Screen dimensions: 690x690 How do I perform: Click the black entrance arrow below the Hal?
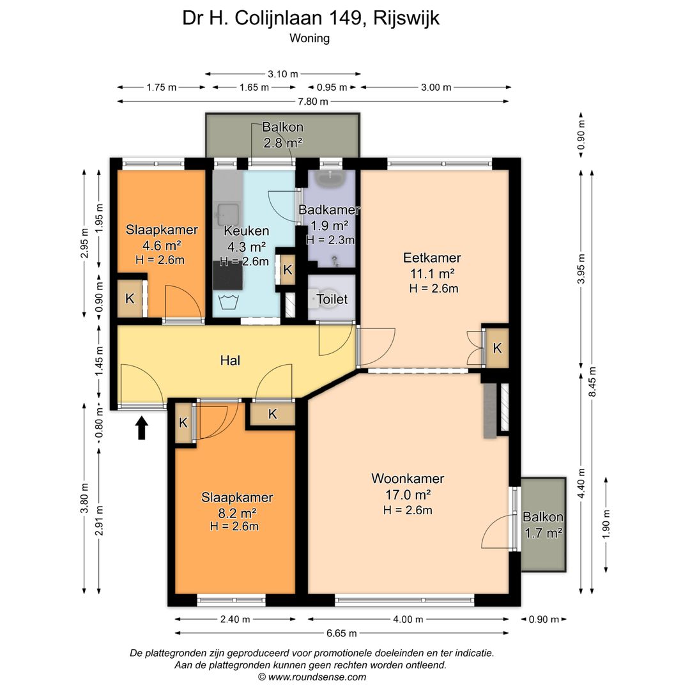click(x=142, y=428)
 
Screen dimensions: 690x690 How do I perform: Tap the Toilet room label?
click(x=332, y=299)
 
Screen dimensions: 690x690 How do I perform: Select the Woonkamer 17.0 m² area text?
click(x=408, y=494)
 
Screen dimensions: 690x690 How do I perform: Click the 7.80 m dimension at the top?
click(x=313, y=102)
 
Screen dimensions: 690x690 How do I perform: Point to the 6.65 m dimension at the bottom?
click(x=341, y=633)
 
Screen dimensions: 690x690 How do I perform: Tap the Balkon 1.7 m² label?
click(x=543, y=525)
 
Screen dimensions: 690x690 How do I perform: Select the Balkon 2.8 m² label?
click(x=282, y=135)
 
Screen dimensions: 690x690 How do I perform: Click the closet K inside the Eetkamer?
click(x=496, y=348)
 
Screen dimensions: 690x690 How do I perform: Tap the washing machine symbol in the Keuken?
click(x=228, y=302)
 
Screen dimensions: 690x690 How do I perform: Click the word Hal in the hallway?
click(x=230, y=361)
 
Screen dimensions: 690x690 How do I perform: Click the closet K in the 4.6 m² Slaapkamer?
click(x=130, y=298)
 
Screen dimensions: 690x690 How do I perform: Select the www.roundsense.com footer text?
click(x=312, y=677)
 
